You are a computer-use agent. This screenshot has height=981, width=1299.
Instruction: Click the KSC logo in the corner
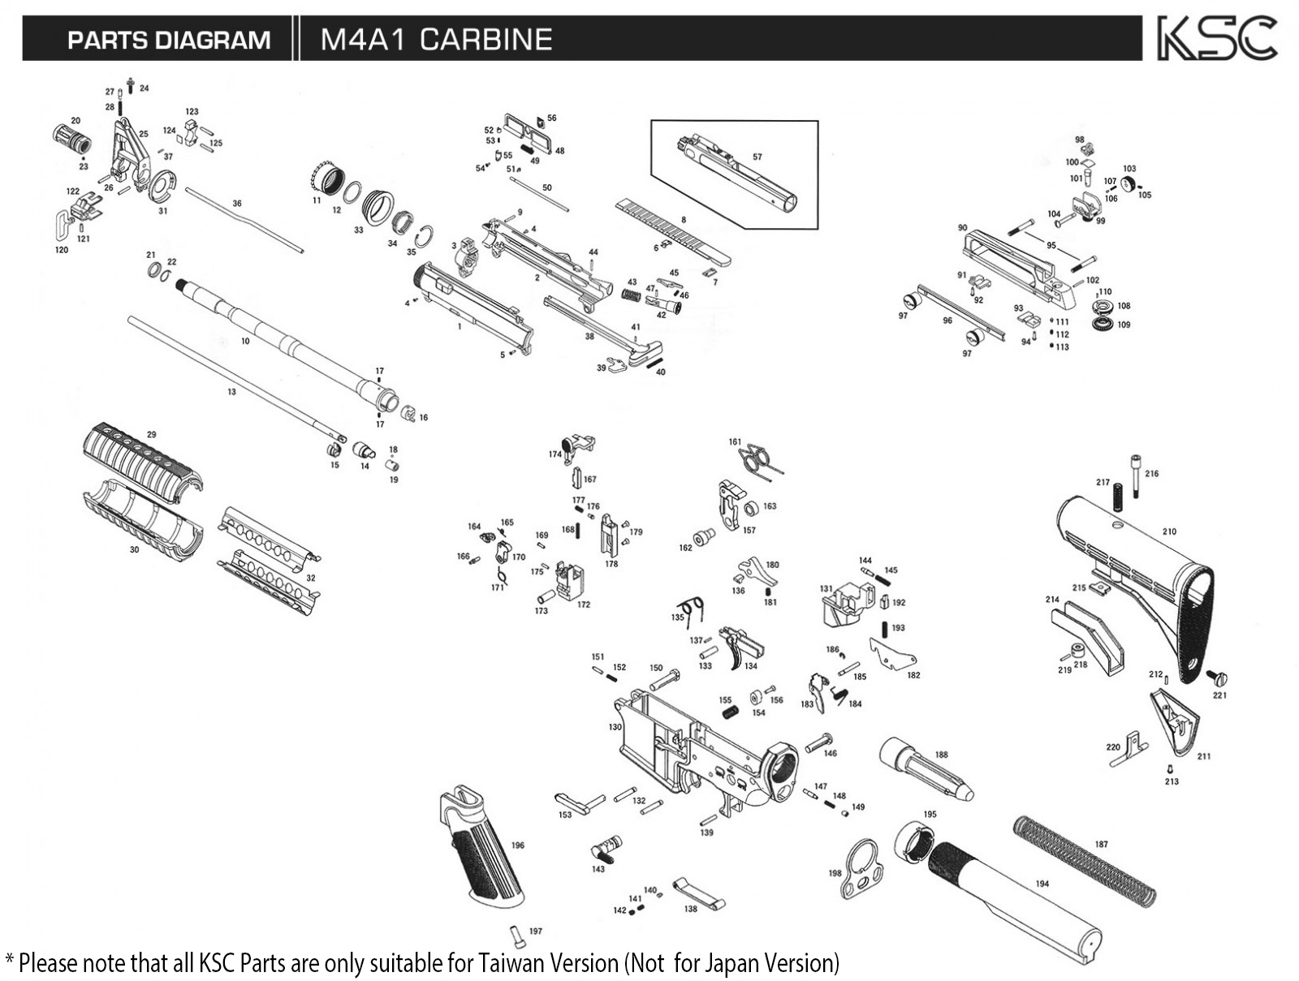1216,38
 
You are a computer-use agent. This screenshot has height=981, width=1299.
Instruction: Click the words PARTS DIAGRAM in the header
168,40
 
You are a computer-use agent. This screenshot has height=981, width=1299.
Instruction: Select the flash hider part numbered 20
71,138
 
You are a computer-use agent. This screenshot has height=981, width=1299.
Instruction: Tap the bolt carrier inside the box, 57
735,173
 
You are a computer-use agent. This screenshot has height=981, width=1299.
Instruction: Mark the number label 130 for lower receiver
615,727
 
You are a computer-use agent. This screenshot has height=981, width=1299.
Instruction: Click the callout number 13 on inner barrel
231,392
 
